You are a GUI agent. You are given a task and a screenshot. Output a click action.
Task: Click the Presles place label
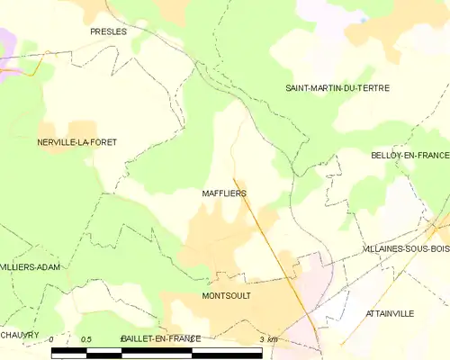108,31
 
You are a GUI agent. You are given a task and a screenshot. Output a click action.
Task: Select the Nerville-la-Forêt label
76,142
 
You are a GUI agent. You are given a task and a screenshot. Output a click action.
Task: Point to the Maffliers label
224,193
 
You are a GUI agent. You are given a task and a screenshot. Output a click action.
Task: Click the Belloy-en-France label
409,156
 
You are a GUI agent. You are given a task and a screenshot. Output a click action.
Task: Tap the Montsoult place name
226,295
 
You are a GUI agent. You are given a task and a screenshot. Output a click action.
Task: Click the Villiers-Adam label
24,267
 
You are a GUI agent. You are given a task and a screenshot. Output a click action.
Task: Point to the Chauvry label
20,334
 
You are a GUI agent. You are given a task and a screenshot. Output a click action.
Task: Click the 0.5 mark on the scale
85,339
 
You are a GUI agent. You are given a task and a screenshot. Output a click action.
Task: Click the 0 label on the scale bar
52,339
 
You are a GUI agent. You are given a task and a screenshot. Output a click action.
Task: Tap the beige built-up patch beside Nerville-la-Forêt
83,130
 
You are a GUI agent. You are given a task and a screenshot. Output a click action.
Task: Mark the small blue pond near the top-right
364,18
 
